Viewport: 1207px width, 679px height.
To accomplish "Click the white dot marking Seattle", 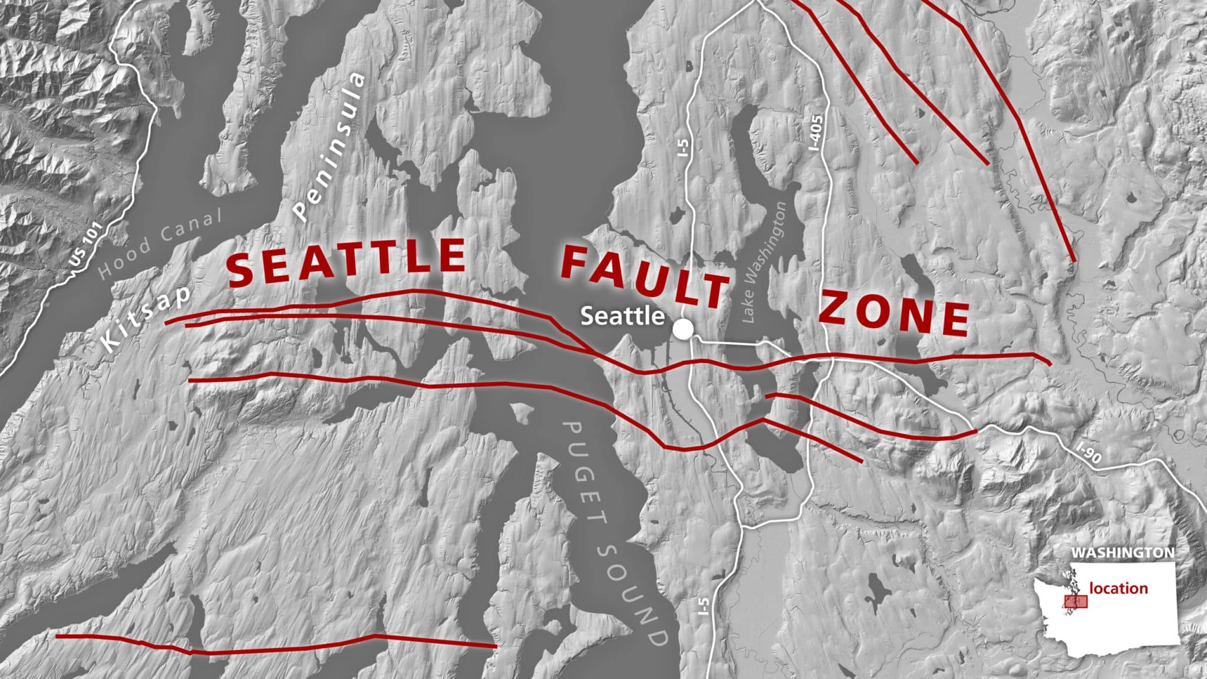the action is (683, 329).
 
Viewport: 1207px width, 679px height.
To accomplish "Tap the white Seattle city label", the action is (622, 316).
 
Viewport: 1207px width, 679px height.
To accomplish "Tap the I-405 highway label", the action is (817, 140).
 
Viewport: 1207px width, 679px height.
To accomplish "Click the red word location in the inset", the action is (1118, 588).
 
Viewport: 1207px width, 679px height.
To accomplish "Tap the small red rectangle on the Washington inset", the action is (1075, 601).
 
